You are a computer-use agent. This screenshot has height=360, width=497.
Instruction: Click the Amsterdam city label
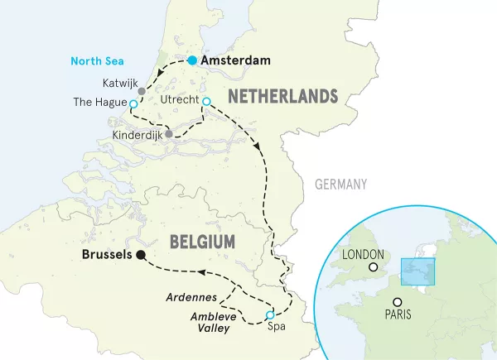[236, 61]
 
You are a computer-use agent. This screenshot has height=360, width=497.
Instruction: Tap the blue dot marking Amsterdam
[192, 61]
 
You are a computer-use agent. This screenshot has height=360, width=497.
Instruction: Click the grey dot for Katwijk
[142, 91]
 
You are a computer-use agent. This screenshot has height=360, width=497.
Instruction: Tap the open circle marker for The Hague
[133, 103]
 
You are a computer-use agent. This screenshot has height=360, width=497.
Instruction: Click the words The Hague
[98, 103]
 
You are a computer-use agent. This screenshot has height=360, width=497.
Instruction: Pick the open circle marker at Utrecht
[206, 102]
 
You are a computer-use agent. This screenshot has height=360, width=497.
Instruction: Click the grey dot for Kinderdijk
[169, 133]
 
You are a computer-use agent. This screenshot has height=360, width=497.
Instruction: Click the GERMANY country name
[340, 184]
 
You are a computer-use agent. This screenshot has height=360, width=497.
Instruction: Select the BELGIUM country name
[202, 242]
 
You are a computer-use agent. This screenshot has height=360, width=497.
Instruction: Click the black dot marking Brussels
[141, 255]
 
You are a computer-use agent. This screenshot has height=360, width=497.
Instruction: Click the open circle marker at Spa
[269, 315]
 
